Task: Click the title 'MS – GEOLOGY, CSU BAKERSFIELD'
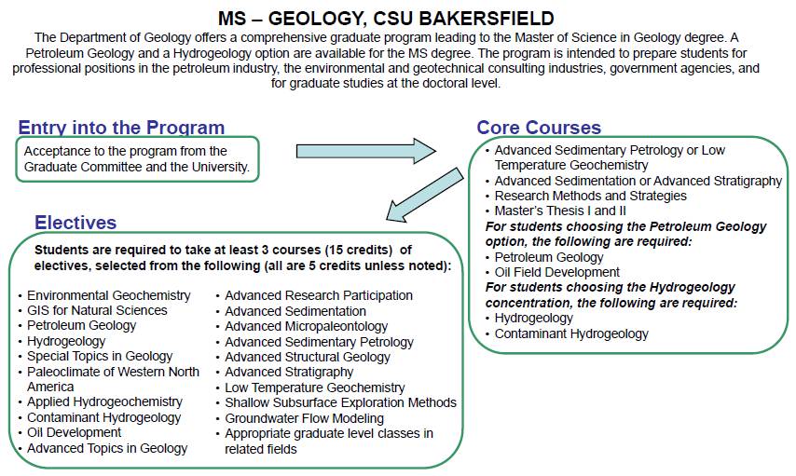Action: pyautogui.click(x=398, y=18)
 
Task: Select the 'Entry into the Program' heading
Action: pyautogui.click(x=121, y=129)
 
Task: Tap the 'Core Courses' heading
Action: pyautogui.click(x=539, y=129)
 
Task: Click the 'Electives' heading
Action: pyautogui.click(x=75, y=223)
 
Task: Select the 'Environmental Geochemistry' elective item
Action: pyautogui.click(x=108, y=295)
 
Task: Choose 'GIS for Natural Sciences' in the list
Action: pyautogui.click(x=97, y=310)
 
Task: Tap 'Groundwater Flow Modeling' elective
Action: pyautogui.click(x=304, y=418)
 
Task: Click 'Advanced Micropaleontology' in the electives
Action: pyautogui.click(x=306, y=326)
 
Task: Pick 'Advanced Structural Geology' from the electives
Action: pyautogui.click(x=307, y=357)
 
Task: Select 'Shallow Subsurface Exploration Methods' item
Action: pyautogui.click(x=340, y=402)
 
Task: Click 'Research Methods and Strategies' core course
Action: pyautogui.click(x=590, y=196)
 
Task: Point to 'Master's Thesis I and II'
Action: pyautogui.click(x=562, y=211)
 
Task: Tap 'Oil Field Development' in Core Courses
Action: pyautogui.click(x=556, y=272)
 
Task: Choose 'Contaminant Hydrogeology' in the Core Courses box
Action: pyautogui.click(x=571, y=333)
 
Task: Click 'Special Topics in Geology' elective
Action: pyautogui.click(x=100, y=356)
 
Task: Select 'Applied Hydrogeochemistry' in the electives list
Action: pyautogui.click(x=104, y=401)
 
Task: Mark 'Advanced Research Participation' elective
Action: pyautogui.click(x=318, y=295)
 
